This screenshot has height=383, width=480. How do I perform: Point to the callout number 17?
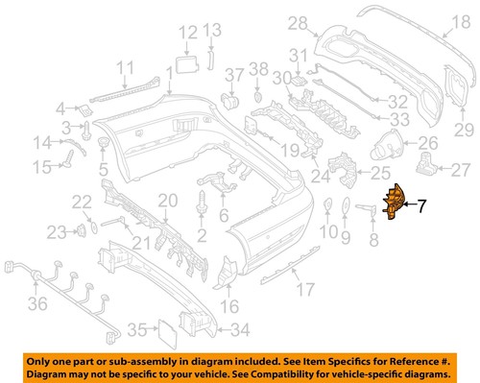click(x=304, y=289)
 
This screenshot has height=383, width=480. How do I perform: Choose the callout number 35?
click(x=137, y=329)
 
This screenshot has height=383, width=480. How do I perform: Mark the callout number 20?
click(x=169, y=201)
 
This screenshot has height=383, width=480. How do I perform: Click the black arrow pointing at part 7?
click(x=412, y=203)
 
